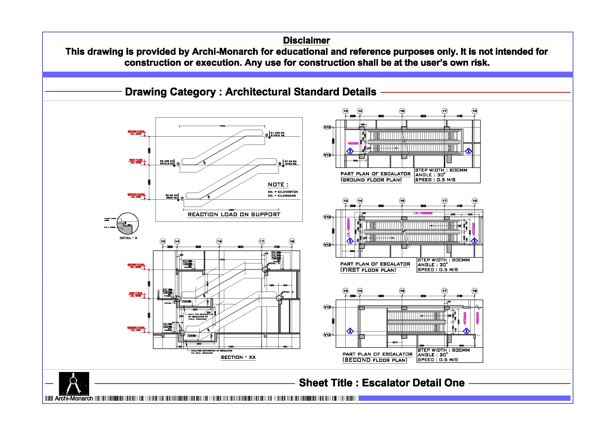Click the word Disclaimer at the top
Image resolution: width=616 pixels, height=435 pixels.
click(x=306, y=40)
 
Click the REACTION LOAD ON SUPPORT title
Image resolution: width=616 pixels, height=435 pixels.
click(x=234, y=215)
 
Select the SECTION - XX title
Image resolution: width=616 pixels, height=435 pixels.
click(x=238, y=357)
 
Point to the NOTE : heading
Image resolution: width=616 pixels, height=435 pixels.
click(x=278, y=185)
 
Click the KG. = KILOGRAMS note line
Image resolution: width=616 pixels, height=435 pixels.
click(x=282, y=196)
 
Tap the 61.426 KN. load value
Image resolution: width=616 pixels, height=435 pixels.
click(x=278, y=133)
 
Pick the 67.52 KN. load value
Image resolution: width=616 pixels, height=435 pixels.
click(x=290, y=161)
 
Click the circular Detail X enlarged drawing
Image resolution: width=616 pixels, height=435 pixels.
click(x=128, y=223)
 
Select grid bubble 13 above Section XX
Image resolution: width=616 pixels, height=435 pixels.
click(x=163, y=242)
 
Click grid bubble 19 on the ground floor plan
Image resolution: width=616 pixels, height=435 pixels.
click(x=475, y=111)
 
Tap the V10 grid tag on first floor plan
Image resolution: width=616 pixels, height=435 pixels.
click(x=327, y=217)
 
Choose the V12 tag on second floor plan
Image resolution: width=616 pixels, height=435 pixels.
click(x=327, y=335)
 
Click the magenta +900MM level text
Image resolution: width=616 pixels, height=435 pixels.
click(x=353, y=143)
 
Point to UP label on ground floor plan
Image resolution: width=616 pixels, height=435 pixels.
click(x=369, y=148)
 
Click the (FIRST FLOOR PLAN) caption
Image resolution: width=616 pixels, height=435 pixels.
click(x=368, y=270)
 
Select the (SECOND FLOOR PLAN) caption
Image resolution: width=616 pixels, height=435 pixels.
click(x=374, y=360)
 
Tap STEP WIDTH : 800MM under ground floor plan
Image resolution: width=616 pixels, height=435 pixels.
click(x=441, y=170)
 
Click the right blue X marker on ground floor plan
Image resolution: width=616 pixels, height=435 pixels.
click(x=468, y=151)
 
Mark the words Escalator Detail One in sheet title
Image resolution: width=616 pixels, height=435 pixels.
click(x=413, y=383)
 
